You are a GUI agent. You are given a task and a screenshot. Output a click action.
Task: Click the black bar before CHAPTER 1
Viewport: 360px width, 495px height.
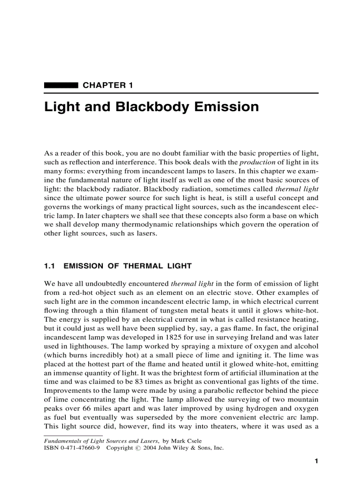pos(61,85)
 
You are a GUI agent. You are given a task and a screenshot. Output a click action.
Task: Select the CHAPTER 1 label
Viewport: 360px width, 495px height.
pos(108,85)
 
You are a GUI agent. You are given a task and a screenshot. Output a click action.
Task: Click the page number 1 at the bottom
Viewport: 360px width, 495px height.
pos(316,462)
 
